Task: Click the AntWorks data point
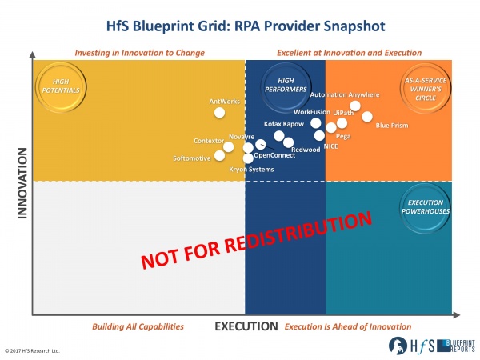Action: [x=219, y=113]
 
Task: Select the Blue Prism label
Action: [x=392, y=126]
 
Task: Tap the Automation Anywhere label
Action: [x=345, y=95]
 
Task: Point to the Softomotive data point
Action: [x=219, y=155]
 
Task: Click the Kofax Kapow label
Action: [x=284, y=124]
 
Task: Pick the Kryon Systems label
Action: [x=251, y=170]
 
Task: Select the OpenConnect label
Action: [x=274, y=155]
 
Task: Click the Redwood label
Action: [x=306, y=150]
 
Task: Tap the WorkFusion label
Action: [x=312, y=112]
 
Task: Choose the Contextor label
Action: [x=209, y=141]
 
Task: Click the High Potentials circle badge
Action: [x=61, y=87]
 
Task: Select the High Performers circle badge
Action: [x=286, y=86]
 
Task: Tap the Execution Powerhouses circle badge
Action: [x=426, y=207]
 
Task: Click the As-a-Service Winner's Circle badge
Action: [x=426, y=89]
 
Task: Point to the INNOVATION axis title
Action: [x=22, y=183]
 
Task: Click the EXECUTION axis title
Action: [x=246, y=326]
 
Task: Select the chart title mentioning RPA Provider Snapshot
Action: [x=246, y=26]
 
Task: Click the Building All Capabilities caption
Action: [x=138, y=326]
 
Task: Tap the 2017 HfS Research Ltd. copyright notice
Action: [x=32, y=351]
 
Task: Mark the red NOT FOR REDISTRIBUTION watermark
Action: [x=257, y=241]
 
